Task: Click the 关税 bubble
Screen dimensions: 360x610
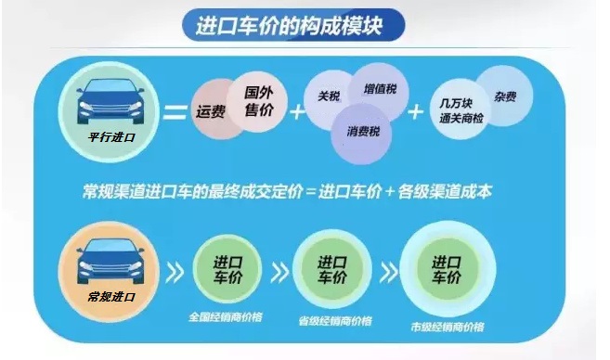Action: [x=329, y=96]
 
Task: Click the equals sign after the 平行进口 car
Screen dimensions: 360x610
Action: [x=173, y=114]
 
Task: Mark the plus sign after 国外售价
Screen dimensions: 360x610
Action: [x=298, y=113]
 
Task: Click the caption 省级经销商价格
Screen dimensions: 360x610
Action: [x=334, y=321]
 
